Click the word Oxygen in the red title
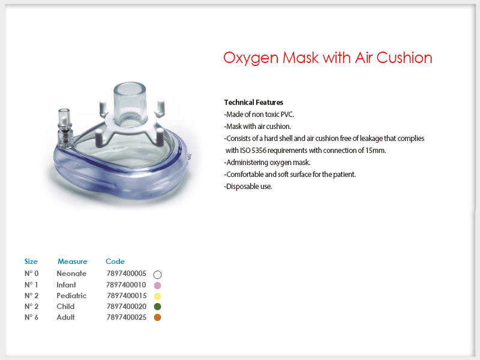point(251,58)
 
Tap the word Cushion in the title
point(404,58)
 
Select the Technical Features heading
point(253,102)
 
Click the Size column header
point(31,262)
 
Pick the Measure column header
point(73,262)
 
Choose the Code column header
point(115,262)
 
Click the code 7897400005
point(127,274)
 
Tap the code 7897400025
point(127,317)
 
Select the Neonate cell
point(71,274)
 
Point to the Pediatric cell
point(71,296)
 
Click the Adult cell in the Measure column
point(65,317)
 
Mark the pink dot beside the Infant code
point(157,286)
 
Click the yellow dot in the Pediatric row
point(157,296)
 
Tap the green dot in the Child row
point(157,307)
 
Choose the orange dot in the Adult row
point(157,317)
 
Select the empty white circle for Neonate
point(157,271)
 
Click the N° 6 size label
point(31,317)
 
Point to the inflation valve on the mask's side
point(65,128)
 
